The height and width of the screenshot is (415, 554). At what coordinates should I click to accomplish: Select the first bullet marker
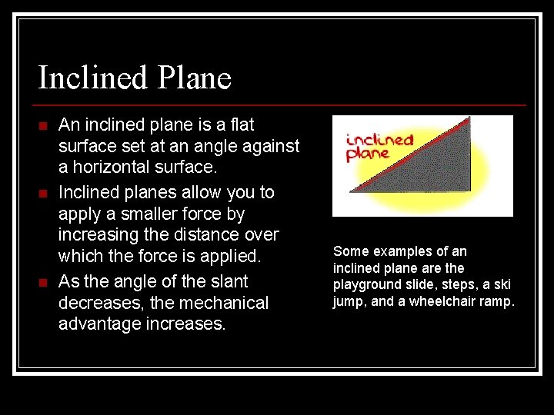(x=43, y=125)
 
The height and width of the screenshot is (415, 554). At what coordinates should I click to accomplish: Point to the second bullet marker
(x=43, y=192)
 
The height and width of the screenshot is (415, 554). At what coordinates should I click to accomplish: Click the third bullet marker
(x=43, y=281)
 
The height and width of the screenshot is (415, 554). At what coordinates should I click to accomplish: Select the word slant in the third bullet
(x=228, y=281)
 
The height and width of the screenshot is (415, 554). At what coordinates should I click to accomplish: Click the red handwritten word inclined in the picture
(x=379, y=141)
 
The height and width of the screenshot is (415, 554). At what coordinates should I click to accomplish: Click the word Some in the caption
(x=351, y=251)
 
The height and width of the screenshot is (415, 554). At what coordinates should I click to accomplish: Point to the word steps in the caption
(x=452, y=284)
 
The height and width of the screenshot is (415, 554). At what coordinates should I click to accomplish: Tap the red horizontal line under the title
(x=282, y=105)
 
